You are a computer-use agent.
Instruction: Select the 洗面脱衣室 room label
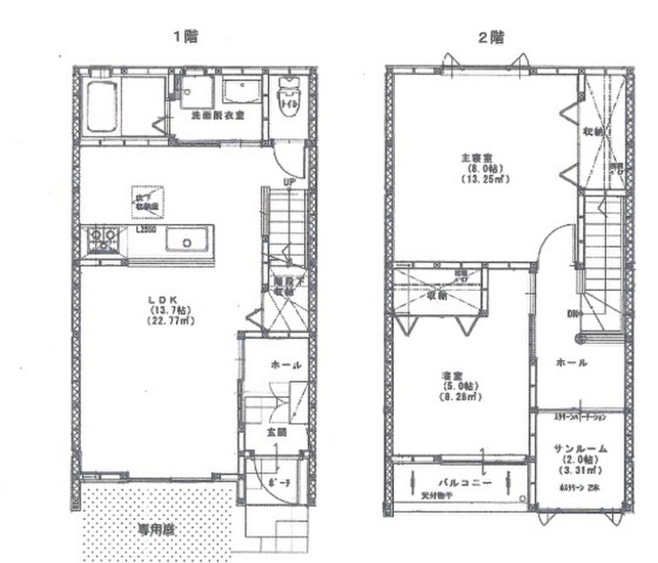(x=217, y=116)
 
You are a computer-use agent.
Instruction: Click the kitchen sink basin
(x=186, y=241)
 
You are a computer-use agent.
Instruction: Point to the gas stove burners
(x=102, y=239)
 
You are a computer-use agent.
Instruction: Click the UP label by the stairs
(x=289, y=182)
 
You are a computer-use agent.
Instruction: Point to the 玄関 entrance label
(x=276, y=432)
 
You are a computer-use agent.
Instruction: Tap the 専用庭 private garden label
(x=157, y=530)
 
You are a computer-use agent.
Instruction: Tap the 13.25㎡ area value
(x=485, y=180)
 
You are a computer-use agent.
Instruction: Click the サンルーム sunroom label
(x=580, y=448)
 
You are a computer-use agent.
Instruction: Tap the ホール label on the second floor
(x=571, y=363)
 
